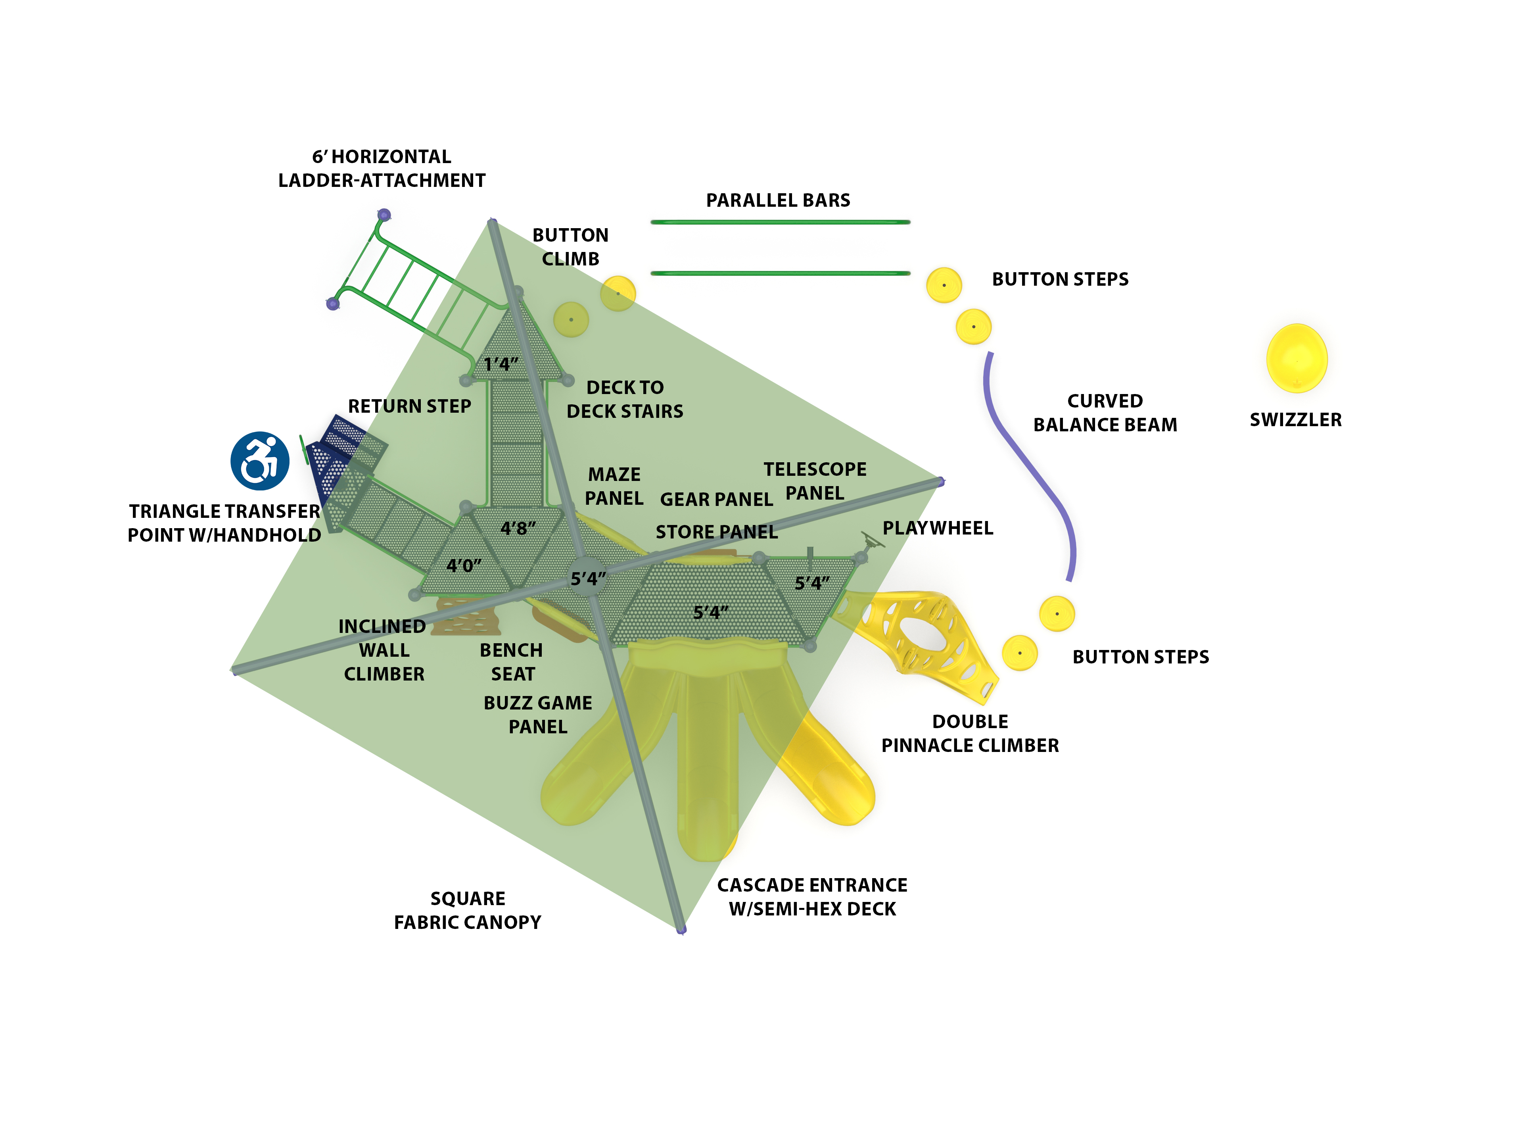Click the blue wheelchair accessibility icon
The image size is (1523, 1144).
[x=259, y=461]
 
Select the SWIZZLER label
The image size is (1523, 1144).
[x=1295, y=419]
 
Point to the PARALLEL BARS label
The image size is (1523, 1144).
[x=778, y=200]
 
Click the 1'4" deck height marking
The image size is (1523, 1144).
[x=501, y=364]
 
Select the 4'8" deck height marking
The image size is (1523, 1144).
[x=518, y=528]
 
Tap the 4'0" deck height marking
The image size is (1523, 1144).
[x=463, y=565]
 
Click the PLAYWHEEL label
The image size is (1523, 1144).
[x=938, y=528]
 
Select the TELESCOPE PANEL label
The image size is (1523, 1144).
[x=815, y=481]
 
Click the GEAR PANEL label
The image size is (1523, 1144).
[x=716, y=499]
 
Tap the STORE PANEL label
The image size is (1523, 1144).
[x=716, y=532]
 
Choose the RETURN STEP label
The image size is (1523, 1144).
[x=409, y=406]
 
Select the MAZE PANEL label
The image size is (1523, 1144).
[x=614, y=486]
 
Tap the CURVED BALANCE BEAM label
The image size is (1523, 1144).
[x=1105, y=413]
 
